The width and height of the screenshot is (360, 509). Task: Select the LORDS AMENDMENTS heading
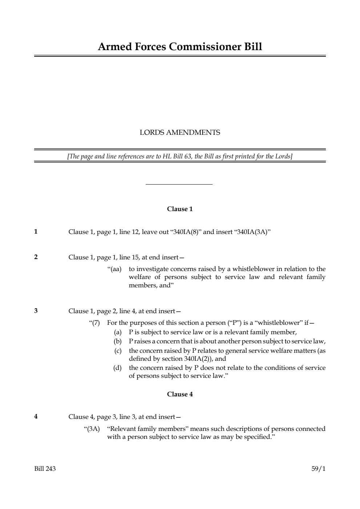(180, 133)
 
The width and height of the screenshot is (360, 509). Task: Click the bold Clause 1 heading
(180, 209)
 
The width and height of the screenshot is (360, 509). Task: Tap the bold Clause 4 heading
(180, 394)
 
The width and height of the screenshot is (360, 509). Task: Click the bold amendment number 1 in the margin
(36, 231)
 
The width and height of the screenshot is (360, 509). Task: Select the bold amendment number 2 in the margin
(36, 257)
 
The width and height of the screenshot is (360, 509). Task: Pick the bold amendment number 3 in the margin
(36, 311)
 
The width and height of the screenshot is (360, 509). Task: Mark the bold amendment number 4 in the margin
(36, 416)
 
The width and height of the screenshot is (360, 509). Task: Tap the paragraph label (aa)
(115, 269)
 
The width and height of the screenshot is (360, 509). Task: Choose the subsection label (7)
(95, 323)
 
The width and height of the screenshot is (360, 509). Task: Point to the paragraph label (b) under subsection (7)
(117, 342)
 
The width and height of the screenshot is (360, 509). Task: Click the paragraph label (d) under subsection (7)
(117, 368)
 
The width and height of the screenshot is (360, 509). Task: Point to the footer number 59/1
(319, 469)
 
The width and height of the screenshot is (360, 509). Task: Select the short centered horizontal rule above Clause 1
(179, 185)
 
